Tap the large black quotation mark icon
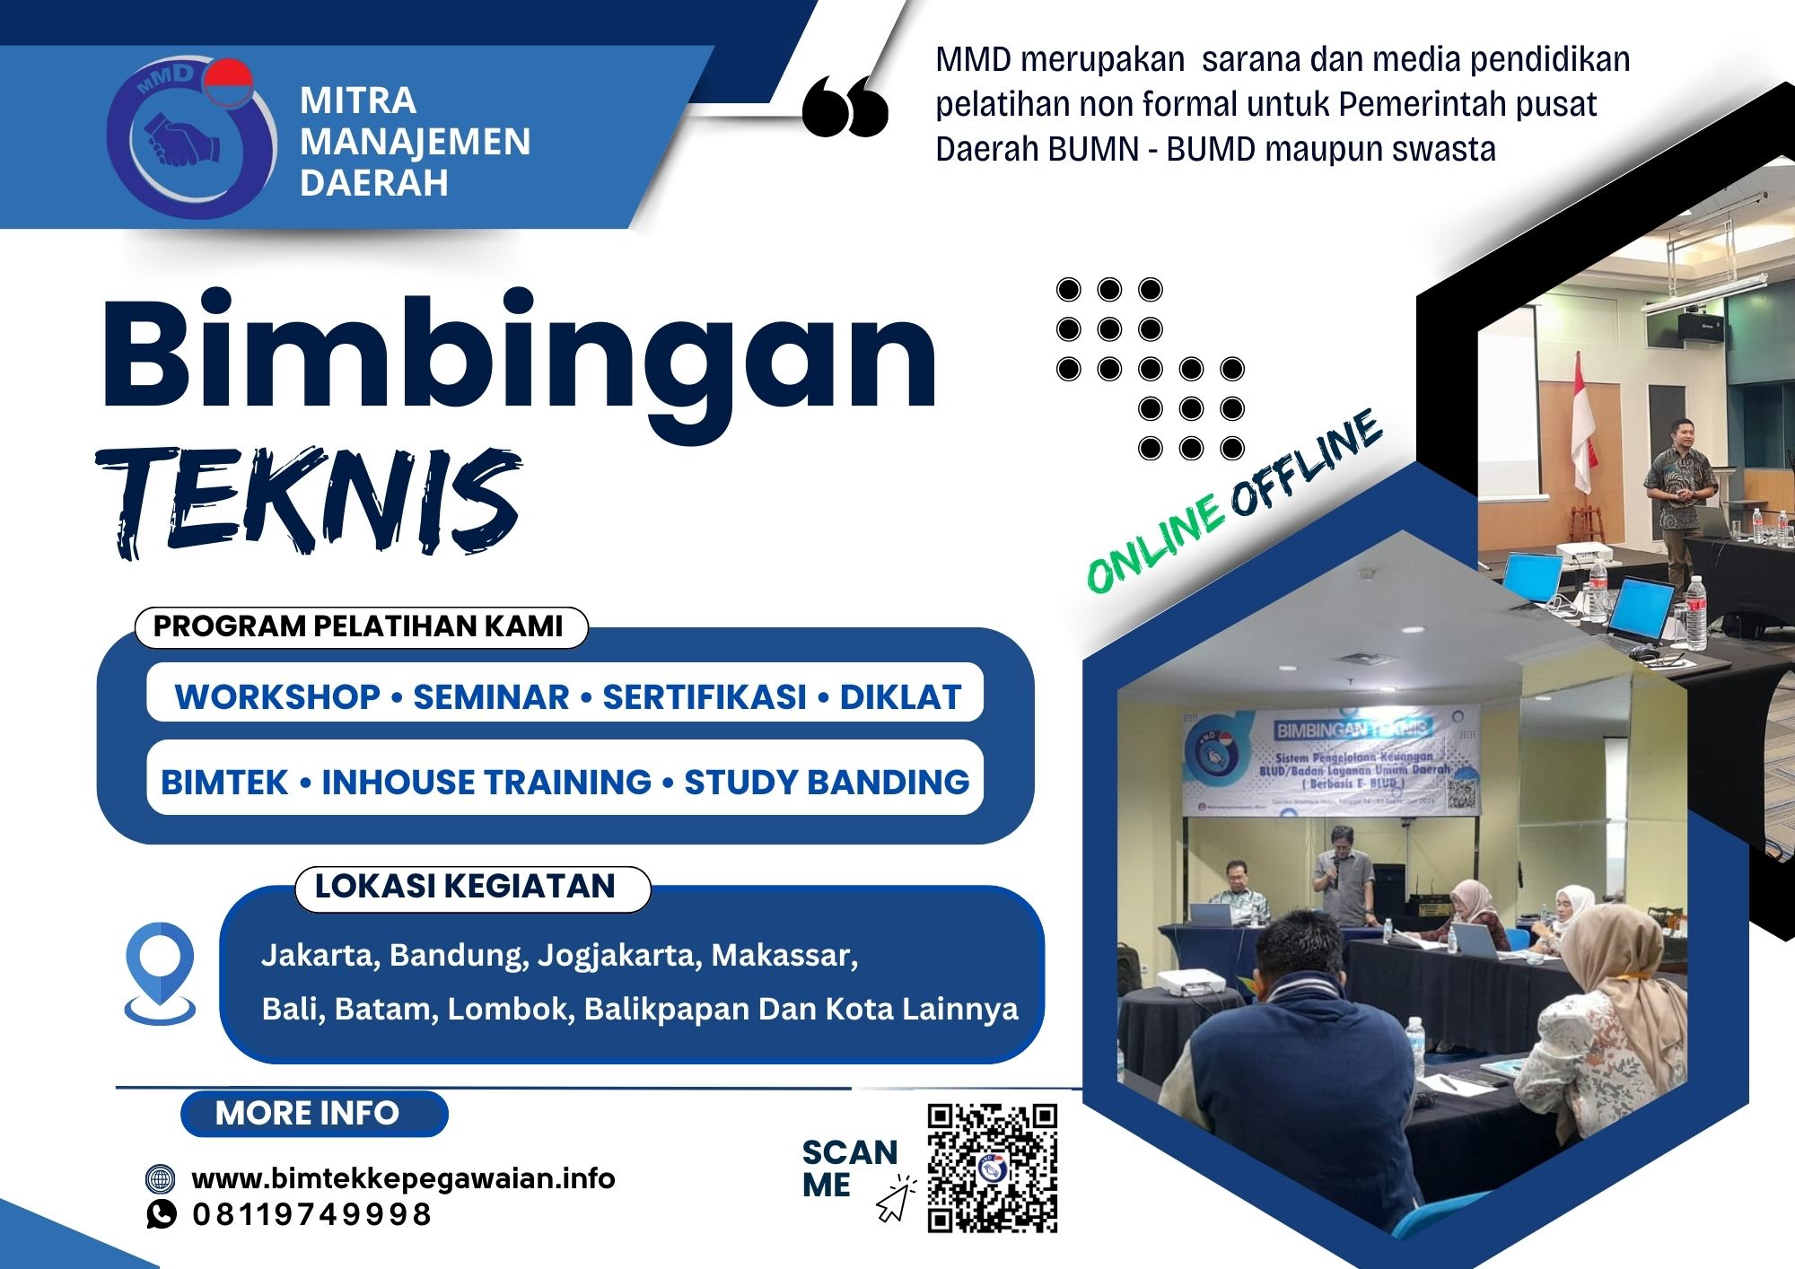click(845, 106)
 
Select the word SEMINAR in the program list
click(491, 697)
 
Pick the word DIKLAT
click(900, 697)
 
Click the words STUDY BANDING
click(827, 782)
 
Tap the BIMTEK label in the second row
click(224, 782)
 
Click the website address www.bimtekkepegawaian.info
click(404, 1177)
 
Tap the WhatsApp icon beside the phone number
click(161, 1214)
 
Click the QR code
click(992, 1168)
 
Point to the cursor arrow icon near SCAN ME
click(895, 1202)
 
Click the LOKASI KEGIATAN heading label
click(465, 887)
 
